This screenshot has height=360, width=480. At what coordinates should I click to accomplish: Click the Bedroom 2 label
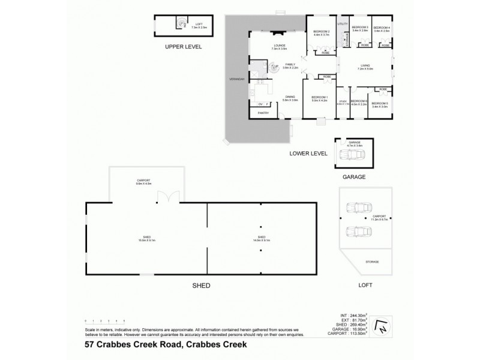point(322,31)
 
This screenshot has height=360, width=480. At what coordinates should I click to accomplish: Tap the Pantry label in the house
point(263,112)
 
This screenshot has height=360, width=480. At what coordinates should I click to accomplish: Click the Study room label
point(343,101)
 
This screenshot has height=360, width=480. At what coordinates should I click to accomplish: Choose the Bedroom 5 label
point(380,103)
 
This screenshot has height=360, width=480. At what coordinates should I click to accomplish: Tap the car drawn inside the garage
point(352,155)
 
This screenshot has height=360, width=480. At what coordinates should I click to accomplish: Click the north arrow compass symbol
point(379,327)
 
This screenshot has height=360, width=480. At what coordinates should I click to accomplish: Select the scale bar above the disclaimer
point(104,322)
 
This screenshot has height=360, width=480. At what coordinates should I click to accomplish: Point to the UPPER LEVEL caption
point(183,46)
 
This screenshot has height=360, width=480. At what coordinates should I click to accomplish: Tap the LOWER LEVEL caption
point(308,154)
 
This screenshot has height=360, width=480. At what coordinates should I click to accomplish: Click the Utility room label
point(343,23)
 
